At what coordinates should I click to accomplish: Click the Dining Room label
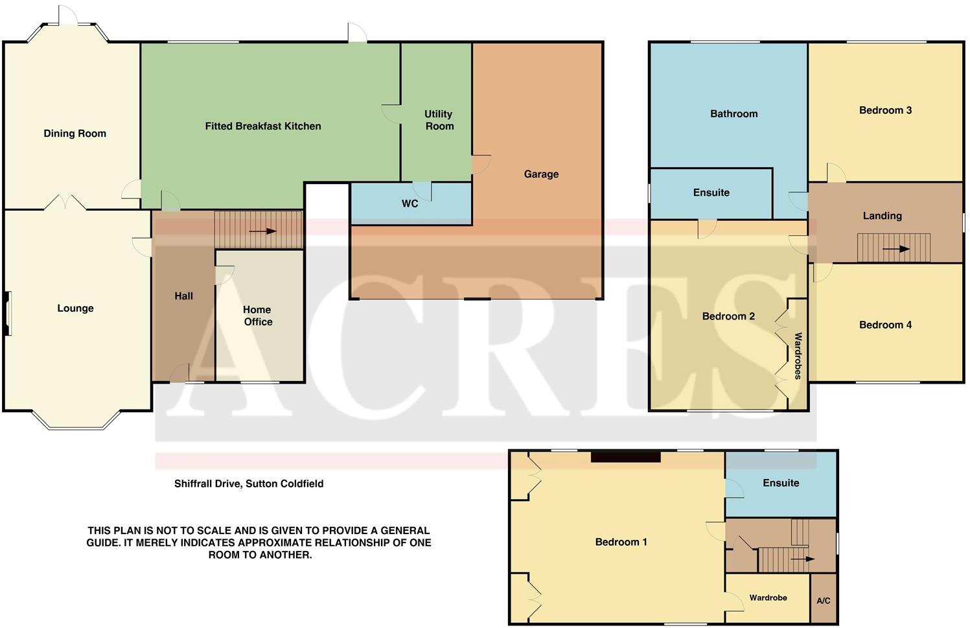click(75, 134)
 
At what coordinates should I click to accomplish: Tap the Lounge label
click(75, 308)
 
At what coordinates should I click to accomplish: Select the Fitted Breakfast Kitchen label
click(263, 126)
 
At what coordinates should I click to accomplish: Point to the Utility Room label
click(439, 120)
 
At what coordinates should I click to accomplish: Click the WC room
click(410, 204)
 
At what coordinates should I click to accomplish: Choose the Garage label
click(541, 174)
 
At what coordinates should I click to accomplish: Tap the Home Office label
click(258, 316)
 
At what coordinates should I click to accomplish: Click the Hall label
click(183, 296)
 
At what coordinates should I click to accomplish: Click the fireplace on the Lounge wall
click(7, 314)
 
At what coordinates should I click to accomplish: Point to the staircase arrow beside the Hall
click(262, 231)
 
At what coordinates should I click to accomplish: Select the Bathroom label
click(733, 114)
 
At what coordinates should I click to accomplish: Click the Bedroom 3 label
click(885, 110)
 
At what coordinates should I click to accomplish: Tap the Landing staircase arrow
click(896, 249)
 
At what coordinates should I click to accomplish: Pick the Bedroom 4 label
click(885, 325)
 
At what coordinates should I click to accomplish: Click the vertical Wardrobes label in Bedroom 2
click(798, 355)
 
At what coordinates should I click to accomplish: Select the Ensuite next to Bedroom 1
click(781, 483)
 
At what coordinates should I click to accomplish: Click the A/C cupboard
click(823, 600)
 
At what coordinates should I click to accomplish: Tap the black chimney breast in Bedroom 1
click(625, 456)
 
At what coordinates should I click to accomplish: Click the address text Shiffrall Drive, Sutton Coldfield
click(249, 483)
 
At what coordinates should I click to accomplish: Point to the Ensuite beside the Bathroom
click(711, 192)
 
